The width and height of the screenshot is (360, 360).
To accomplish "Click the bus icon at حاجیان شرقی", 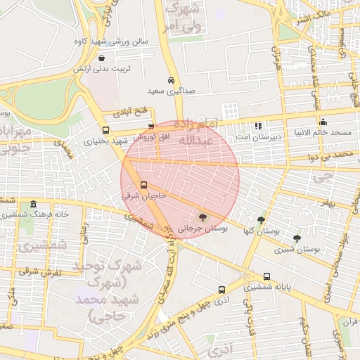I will [143, 186].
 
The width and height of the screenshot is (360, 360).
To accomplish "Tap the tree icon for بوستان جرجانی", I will [203, 217].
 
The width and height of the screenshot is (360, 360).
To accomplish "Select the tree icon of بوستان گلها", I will [261, 219].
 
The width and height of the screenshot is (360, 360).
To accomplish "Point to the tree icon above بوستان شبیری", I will [297, 238].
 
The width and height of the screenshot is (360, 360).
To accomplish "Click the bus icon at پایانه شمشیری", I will [266, 276].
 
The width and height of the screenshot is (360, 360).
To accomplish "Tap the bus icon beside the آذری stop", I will [221, 289].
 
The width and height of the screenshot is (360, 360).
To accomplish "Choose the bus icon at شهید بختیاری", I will [105, 130].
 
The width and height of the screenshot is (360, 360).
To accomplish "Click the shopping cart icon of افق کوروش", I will [150, 126].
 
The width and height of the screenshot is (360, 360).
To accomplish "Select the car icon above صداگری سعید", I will [172, 80].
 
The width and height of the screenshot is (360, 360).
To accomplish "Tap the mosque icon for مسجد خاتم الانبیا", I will [323, 122].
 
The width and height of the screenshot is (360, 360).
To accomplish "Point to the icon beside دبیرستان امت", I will [257, 127].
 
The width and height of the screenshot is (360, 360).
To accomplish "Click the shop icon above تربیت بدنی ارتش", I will [103, 58].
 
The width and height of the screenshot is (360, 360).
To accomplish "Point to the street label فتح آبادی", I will [134, 111].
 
